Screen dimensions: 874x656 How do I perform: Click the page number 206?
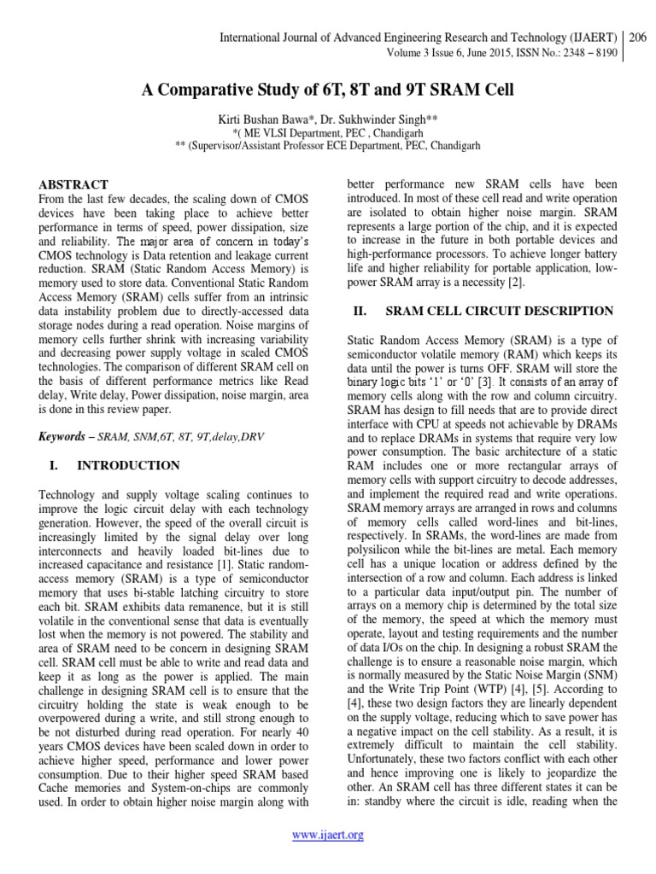pyautogui.click(x=640, y=38)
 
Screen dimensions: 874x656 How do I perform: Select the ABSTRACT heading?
pyautogui.click(x=73, y=184)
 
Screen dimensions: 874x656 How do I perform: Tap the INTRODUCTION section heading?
pyautogui.click(x=128, y=465)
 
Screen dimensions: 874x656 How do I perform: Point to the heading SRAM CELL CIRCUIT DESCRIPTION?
pyautogui.click(x=500, y=312)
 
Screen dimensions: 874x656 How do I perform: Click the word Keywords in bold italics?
pyautogui.click(x=65, y=436)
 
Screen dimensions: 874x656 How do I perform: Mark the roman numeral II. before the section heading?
pyautogui.click(x=360, y=312)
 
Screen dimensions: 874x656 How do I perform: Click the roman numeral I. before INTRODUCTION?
pyautogui.click(x=52, y=465)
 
